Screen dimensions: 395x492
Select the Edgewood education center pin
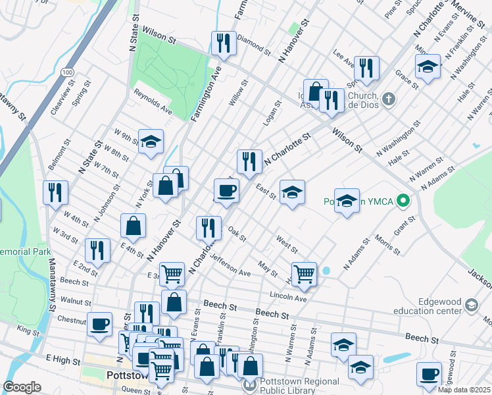472,305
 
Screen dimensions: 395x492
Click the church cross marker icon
389,99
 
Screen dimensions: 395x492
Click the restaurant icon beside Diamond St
224,43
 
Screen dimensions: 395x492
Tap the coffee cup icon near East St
227,190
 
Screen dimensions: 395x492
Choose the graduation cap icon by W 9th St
151,141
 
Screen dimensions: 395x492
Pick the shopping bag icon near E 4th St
134,225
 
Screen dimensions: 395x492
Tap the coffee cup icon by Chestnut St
100,324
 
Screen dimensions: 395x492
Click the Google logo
22,387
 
